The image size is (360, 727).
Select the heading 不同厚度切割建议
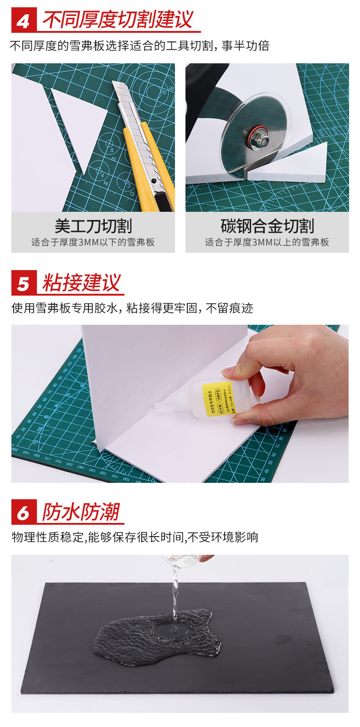pyautogui.click(x=118, y=20)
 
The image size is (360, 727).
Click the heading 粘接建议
pyautogui.click(x=82, y=283)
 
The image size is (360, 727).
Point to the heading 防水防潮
pyautogui.click(x=81, y=512)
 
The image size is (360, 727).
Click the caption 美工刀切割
pyautogui.click(x=93, y=226)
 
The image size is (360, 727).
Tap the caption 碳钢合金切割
pyautogui.click(x=267, y=226)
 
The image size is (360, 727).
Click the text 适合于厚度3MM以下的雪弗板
pyautogui.click(x=93, y=242)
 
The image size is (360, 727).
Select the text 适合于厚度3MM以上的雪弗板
pyautogui.click(x=267, y=242)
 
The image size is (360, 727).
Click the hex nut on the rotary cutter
pyautogui.click(x=252, y=136)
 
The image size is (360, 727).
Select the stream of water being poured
pyautogui.click(x=174, y=592)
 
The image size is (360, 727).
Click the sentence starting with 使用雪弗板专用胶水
pyautogui.click(x=132, y=308)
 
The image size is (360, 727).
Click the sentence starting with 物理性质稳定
pyautogui.click(x=135, y=538)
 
